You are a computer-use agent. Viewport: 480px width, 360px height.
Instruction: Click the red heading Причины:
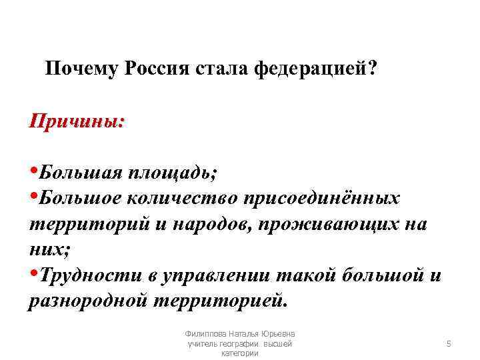coord(76,123)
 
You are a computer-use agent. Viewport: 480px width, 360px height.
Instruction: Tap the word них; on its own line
coord(47,249)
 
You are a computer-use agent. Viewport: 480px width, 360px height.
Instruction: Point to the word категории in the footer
coord(239,353)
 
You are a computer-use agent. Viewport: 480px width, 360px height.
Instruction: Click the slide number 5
coord(449,343)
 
